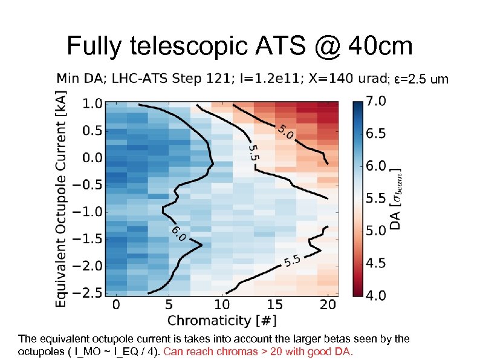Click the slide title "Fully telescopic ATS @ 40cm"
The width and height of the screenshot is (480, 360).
239,45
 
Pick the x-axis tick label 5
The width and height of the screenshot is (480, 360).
169,304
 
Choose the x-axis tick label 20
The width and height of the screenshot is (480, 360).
327,304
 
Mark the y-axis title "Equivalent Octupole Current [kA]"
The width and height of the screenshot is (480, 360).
62,198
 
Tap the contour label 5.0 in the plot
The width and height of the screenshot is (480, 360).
285,131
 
